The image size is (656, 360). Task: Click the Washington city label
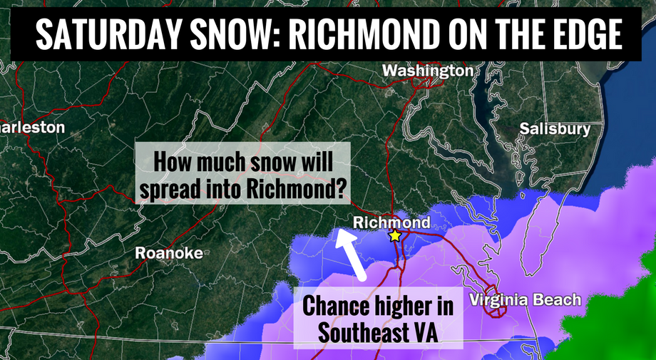[x=427, y=71]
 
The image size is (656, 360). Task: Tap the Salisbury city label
[x=555, y=129]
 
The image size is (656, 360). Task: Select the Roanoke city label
[x=168, y=252]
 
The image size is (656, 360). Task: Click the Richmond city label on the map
[x=391, y=222]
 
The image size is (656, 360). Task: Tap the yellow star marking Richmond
[x=394, y=235]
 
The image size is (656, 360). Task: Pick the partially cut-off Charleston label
[x=32, y=128]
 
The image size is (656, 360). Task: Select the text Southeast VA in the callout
[x=376, y=331]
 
